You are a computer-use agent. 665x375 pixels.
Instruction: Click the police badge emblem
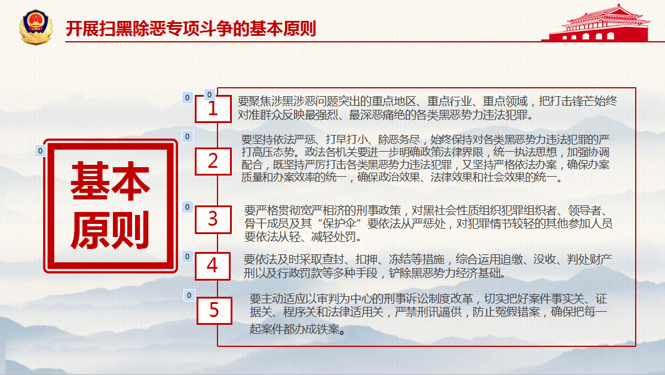(36, 27)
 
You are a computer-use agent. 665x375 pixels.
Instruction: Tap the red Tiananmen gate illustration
(598, 23)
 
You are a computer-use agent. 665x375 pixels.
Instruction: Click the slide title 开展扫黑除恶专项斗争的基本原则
(191, 29)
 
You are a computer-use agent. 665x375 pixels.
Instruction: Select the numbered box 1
(213, 109)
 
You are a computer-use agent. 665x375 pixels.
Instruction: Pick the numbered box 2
(213, 161)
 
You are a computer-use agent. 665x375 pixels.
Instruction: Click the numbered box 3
(213, 220)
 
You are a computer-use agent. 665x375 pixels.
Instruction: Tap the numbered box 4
(213, 266)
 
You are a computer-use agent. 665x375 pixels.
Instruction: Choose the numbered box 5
(214, 311)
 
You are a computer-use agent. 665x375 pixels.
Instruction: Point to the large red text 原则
(111, 230)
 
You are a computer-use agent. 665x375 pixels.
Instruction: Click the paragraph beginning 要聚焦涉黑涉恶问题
(427, 107)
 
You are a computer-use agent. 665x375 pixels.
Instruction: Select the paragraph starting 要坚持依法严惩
(425, 158)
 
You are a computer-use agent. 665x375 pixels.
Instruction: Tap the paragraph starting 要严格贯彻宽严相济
(428, 223)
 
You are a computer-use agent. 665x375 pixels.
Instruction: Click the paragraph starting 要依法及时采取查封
(428, 266)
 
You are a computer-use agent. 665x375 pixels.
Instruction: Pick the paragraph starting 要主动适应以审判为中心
(428, 314)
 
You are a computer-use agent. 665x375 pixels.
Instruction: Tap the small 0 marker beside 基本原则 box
(40, 150)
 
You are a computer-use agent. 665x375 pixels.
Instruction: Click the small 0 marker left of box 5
(189, 295)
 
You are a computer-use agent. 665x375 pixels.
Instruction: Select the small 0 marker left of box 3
(188, 207)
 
